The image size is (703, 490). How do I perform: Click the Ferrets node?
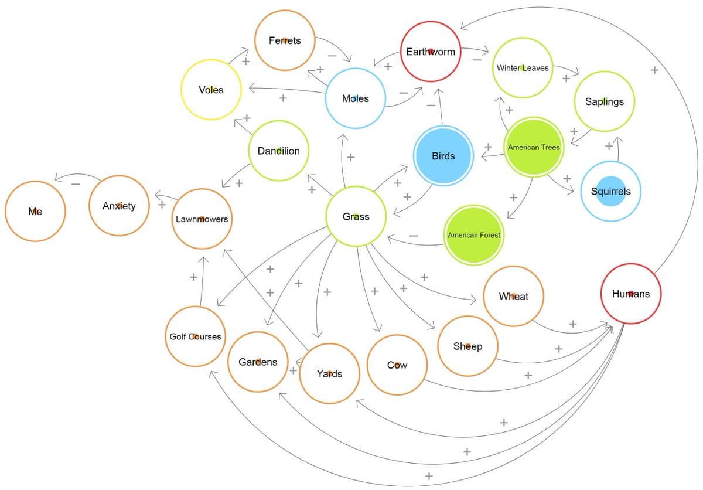(285, 40)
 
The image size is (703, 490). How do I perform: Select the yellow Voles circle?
(211, 90)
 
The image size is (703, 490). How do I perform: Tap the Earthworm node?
(431, 52)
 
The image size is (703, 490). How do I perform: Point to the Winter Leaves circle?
(523, 68)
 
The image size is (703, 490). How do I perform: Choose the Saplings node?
(605, 101)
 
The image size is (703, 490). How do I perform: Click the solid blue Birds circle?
(443, 156)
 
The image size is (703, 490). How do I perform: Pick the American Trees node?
(534, 147)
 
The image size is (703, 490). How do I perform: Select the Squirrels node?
(611, 192)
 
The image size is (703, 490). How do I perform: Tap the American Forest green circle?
(474, 235)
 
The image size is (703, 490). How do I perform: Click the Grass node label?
(356, 217)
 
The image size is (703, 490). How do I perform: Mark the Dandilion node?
(279, 151)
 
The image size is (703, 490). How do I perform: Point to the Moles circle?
(356, 98)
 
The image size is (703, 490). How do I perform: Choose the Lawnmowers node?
(202, 219)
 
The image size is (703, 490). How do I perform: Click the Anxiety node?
(119, 206)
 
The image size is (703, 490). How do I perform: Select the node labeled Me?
(35, 211)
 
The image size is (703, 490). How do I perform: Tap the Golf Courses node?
(195, 336)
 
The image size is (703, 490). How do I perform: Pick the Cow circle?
(397, 365)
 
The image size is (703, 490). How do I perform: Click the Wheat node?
(514, 297)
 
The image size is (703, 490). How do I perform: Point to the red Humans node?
(631, 294)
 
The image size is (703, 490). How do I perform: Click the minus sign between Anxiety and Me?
(76, 184)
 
